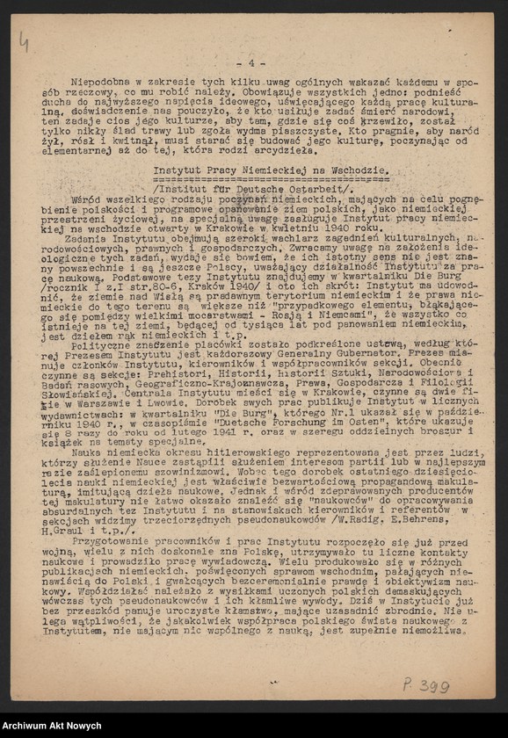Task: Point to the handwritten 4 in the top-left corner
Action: coord(23,41)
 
